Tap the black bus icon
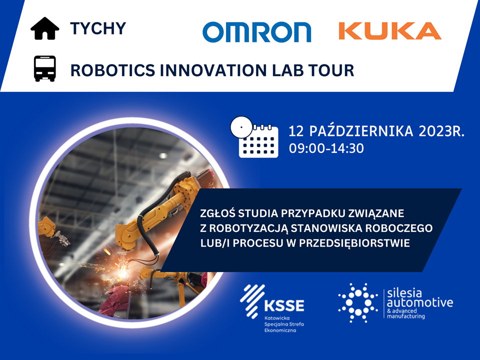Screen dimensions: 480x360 pos(44,68)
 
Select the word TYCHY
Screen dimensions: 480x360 pos(98,28)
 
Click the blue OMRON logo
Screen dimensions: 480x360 pos(256,32)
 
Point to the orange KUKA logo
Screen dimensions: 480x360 pos(389,31)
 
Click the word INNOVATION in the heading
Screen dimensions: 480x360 pos(213,70)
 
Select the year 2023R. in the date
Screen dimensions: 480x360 pos(441,131)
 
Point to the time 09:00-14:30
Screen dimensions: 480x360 pos(326,148)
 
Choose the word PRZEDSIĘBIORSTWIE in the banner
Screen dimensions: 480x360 pos(354,243)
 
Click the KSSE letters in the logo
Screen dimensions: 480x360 pos(284,305)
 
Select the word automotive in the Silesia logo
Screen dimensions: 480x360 pos(420,303)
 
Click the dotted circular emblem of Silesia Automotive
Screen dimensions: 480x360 pos(358,303)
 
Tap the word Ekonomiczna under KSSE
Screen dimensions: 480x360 pos(280,330)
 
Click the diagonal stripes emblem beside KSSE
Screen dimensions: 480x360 pos(252,300)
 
